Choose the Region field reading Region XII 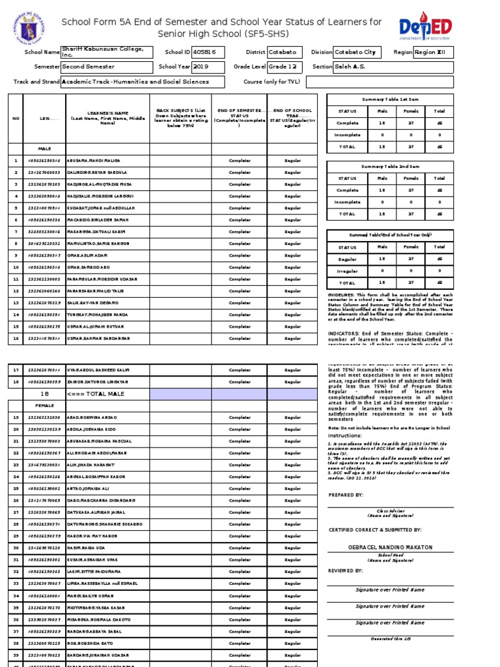pyautogui.click(x=433, y=52)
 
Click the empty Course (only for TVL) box pyautogui.click(x=380, y=82)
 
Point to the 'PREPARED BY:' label pyautogui.click(x=346, y=495)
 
